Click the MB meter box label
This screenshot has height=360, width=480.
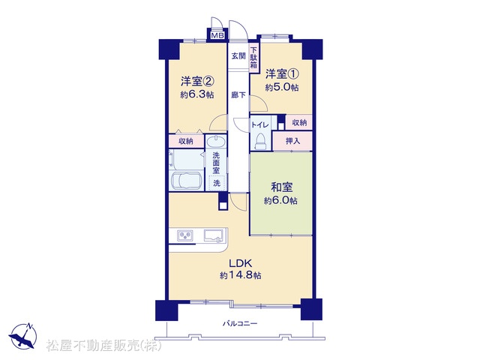point(217,35)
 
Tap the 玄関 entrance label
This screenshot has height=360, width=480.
point(238,56)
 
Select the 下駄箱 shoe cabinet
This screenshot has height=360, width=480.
point(253,58)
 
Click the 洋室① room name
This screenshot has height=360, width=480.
point(282,73)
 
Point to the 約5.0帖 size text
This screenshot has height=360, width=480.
point(282,88)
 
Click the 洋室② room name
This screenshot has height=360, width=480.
point(196,81)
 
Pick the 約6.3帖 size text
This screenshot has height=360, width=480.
point(196,94)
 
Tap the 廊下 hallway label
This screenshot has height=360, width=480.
point(238,95)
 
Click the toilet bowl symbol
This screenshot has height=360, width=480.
point(261,142)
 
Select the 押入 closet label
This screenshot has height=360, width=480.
point(292,141)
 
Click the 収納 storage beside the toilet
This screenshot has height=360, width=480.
point(299,123)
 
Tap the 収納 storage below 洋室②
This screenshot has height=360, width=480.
point(186,142)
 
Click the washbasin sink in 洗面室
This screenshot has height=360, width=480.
point(216,142)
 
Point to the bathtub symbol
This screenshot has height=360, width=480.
point(186,181)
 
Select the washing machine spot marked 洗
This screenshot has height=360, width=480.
point(217,183)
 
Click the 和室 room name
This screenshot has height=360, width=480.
point(281,187)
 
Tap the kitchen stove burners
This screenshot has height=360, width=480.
point(185,235)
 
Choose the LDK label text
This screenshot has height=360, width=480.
point(241,263)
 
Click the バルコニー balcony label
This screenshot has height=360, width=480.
point(240,323)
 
